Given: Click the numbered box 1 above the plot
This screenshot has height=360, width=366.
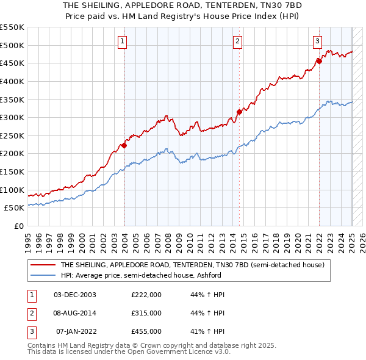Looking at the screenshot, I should (x=123, y=41).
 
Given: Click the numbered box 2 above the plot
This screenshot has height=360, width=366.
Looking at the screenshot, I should (x=237, y=41).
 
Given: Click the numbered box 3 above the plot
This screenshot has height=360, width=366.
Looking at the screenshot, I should (x=318, y=41).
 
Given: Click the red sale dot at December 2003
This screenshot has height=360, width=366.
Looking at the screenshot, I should (x=124, y=145).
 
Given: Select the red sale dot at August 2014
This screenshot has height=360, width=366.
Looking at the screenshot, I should (x=239, y=112).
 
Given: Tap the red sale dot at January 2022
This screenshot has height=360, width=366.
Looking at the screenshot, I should (x=319, y=60).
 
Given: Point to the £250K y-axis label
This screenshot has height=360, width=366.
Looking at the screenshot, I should (x=12, y=135).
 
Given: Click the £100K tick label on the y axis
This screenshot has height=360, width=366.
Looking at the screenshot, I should (x=12, y=190).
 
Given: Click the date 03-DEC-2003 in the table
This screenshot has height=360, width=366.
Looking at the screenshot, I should (x=75, y=294).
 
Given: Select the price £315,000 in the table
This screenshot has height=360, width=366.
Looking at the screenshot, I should (x=146, y=312).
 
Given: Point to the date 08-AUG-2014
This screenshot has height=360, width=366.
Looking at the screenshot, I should (x=75, y=312).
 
